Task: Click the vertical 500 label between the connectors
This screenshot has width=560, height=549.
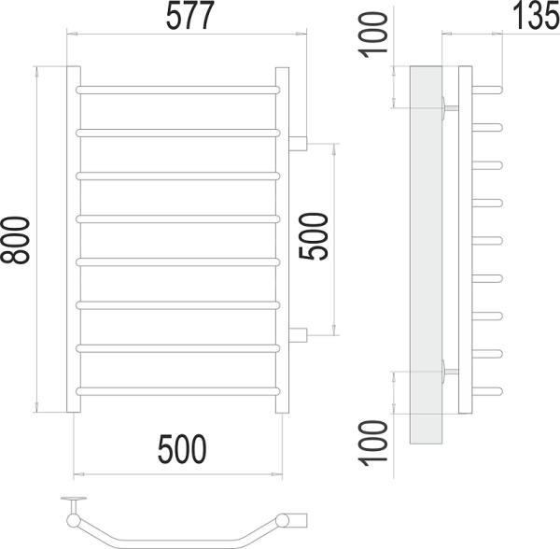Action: click(x=316, y=239)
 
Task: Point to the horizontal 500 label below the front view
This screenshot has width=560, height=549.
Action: click(x=178, y=452)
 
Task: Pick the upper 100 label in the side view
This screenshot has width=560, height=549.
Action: click(x=374, y=36)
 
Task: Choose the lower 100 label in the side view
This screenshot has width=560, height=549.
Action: click(x=374, y=443)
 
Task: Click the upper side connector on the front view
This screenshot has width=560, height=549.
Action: click(x=298, y=144)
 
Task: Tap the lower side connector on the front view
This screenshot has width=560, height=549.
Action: click(x=298, y=334)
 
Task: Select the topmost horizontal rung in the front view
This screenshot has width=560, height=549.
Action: click(x=177, y=90)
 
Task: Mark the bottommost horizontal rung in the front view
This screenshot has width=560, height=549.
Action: click(x=177, y=388)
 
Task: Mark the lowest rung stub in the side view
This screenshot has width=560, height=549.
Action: click(x=489, y=389)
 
